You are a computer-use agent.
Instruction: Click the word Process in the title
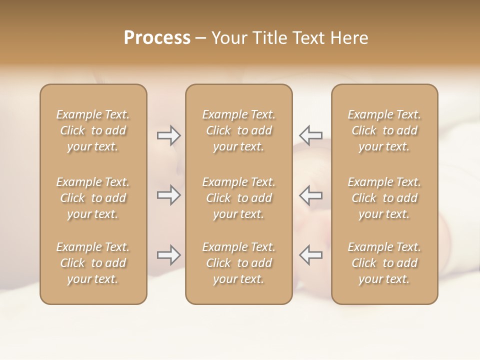coord(157,38)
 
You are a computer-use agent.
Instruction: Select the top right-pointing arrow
coord(168,135)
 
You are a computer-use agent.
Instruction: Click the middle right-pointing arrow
coord(168,195)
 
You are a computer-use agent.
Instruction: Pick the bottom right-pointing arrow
coord(168,255)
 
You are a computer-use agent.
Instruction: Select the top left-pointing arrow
coord(311,135)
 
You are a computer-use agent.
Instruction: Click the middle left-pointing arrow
coord(311,195)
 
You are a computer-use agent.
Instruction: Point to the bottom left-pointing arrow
coord(311,255)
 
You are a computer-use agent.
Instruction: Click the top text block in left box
coord(93,130)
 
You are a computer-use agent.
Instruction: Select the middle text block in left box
coord(93,198)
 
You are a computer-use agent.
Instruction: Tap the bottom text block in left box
coord(93,263)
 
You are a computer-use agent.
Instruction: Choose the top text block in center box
coord(239,130)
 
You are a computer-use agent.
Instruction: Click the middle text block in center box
coord(239,198)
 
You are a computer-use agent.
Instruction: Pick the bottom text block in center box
coord(239,263)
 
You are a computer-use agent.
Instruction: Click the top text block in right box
coord(384,130)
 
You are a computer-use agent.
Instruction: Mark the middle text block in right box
coord(384,198)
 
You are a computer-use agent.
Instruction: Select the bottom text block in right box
coord(384,263)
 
